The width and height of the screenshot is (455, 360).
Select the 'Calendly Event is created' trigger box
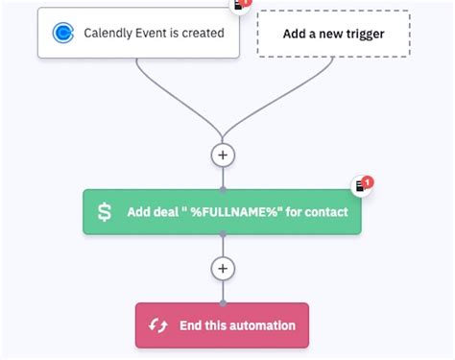(138, 34)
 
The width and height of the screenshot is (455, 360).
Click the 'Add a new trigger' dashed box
(333, 34)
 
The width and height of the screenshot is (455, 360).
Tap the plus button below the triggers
(223, 154)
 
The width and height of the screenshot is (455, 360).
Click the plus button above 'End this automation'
(223, 268)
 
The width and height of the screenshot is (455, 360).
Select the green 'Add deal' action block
(223, 211)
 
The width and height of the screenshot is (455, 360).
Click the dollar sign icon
(105, 211)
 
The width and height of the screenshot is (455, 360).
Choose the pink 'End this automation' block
(223, 325)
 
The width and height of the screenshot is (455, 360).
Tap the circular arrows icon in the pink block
(158, 325)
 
